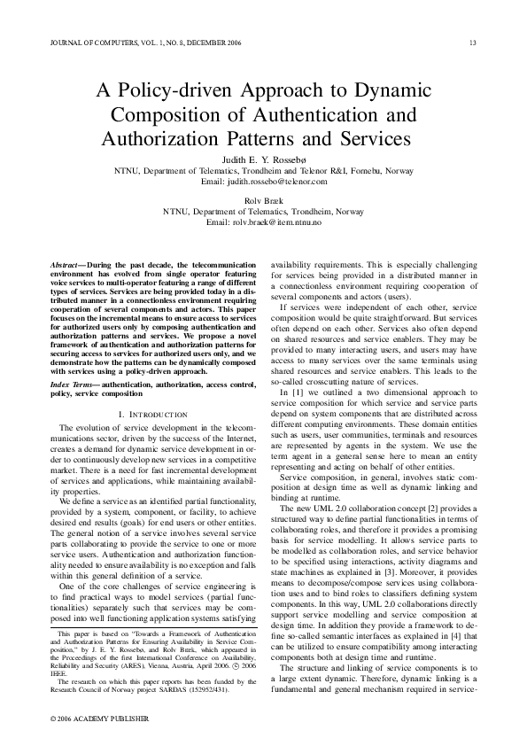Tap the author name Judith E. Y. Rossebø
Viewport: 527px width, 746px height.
[263, 159]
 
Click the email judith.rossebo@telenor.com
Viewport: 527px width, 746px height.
[263, 180]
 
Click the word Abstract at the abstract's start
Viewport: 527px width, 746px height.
[65, 266]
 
